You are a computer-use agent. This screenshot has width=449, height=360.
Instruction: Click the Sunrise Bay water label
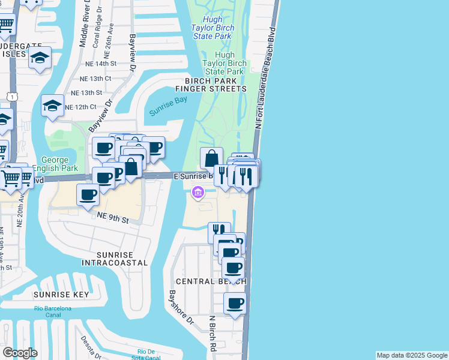coord(169,106)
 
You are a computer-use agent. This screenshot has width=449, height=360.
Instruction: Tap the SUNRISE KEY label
coord(61,295)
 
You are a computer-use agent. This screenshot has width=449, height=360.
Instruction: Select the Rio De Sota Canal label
coord(149,355)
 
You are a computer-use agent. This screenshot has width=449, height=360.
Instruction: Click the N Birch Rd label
coord(212,334)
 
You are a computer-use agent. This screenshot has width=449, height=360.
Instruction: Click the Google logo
coord(20,352)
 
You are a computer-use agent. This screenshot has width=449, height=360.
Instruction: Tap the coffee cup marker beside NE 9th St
coord(88,194)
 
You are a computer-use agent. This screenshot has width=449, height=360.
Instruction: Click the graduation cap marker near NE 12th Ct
coord(52,106)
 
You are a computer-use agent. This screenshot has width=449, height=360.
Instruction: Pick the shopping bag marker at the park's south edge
coord(211,158)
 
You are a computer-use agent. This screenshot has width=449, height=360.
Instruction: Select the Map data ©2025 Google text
coord(412,355)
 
